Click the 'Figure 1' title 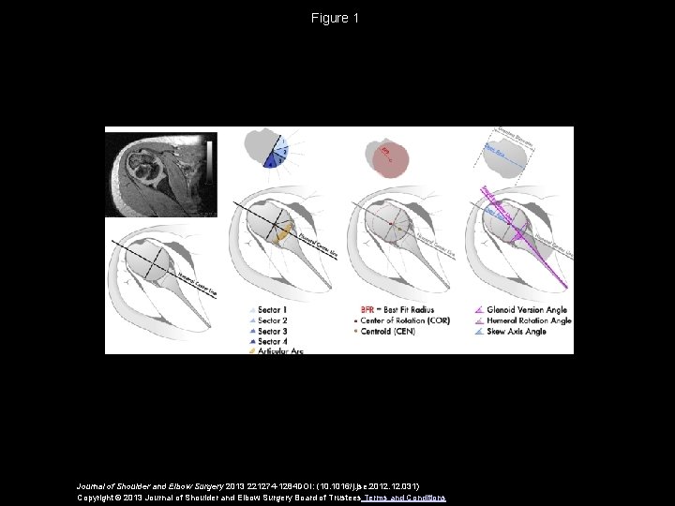click(337, 18)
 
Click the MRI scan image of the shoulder click(160, 174)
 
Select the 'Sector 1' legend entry click(272, 309)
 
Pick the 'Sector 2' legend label click(272, 320)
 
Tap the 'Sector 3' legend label click(272, 331)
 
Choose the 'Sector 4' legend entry click(272, 341)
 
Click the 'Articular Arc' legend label click(280, 351)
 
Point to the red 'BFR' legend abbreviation click(368, 309)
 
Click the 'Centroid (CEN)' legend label click(394, 331)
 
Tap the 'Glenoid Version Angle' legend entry click(528, 309)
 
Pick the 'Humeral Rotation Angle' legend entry click(530, 320)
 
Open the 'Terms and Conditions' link click(405, 497)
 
